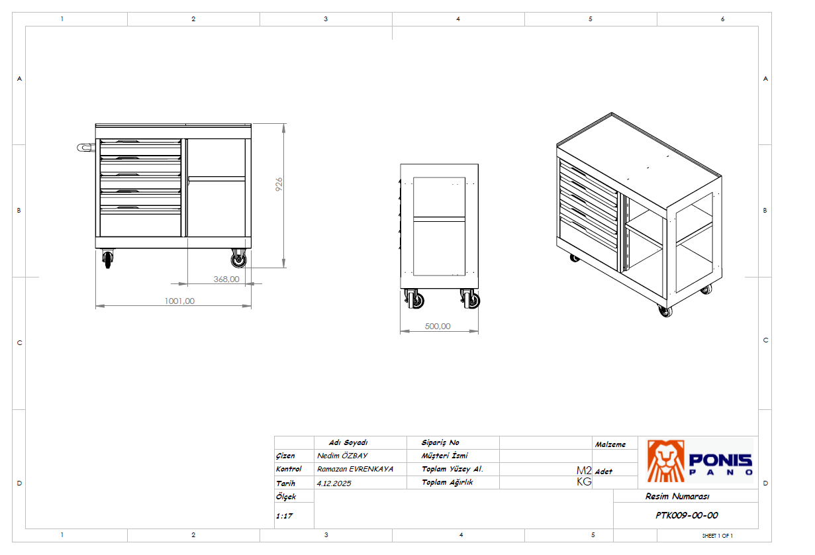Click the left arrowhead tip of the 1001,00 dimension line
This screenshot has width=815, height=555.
point(96,306)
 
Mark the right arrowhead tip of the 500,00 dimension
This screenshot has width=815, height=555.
point(478,331)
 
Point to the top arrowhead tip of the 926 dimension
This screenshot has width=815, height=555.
point(284,124)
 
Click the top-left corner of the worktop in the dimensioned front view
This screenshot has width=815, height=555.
point(95,124)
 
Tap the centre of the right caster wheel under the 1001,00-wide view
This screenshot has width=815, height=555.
point(239,260)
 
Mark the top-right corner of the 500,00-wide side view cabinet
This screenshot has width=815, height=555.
point(478,164)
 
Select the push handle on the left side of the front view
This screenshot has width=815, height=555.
point(86,148)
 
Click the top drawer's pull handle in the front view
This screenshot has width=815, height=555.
point(127,142)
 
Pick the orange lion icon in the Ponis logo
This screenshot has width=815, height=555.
point(665,461)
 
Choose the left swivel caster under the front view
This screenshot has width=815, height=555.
point(108,259)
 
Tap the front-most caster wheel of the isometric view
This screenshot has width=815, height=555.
point(665,311)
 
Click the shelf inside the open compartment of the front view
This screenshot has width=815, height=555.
point(216,179)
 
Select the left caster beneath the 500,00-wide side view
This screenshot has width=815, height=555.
point(414,299)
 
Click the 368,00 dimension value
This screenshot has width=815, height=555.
point(226,279)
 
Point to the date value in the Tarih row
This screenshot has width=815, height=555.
point(334,483)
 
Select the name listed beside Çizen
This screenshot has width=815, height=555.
point(342,456)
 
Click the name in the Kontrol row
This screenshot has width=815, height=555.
point(355,469)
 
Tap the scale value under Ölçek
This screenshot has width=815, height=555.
point(284,516)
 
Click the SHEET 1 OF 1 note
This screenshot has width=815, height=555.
point(717,536)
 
